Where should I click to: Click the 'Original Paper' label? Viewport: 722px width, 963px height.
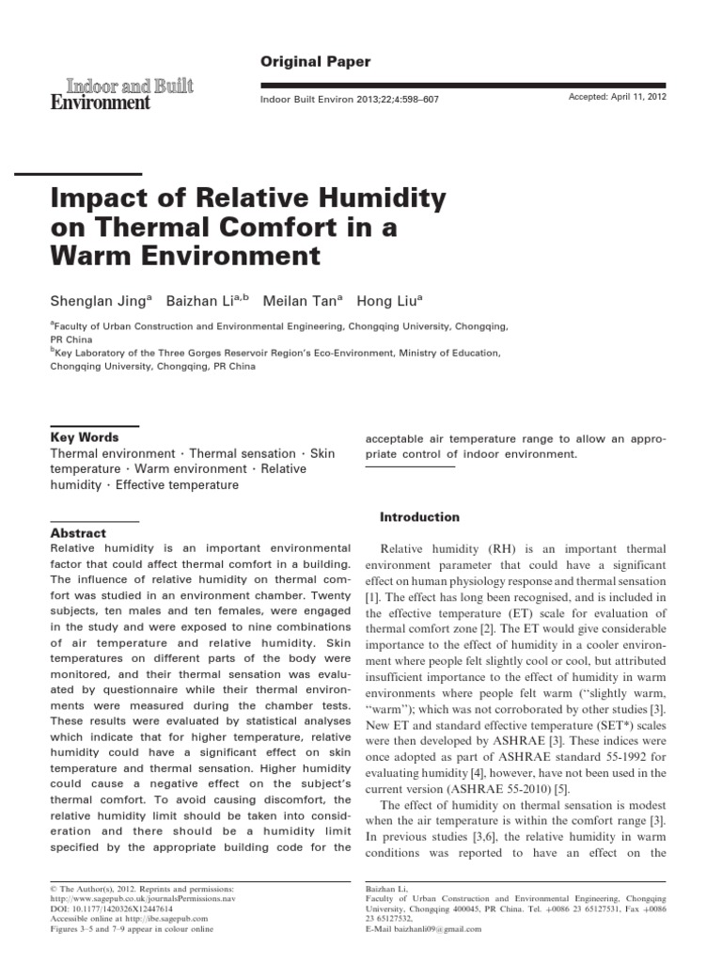315,62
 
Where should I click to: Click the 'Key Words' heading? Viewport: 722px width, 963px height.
84,437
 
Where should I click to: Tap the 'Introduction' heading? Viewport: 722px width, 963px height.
419,516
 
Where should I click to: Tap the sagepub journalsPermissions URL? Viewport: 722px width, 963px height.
131,899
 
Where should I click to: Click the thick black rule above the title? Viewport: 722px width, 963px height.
93,174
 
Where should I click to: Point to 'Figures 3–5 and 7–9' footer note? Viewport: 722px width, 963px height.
122,929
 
